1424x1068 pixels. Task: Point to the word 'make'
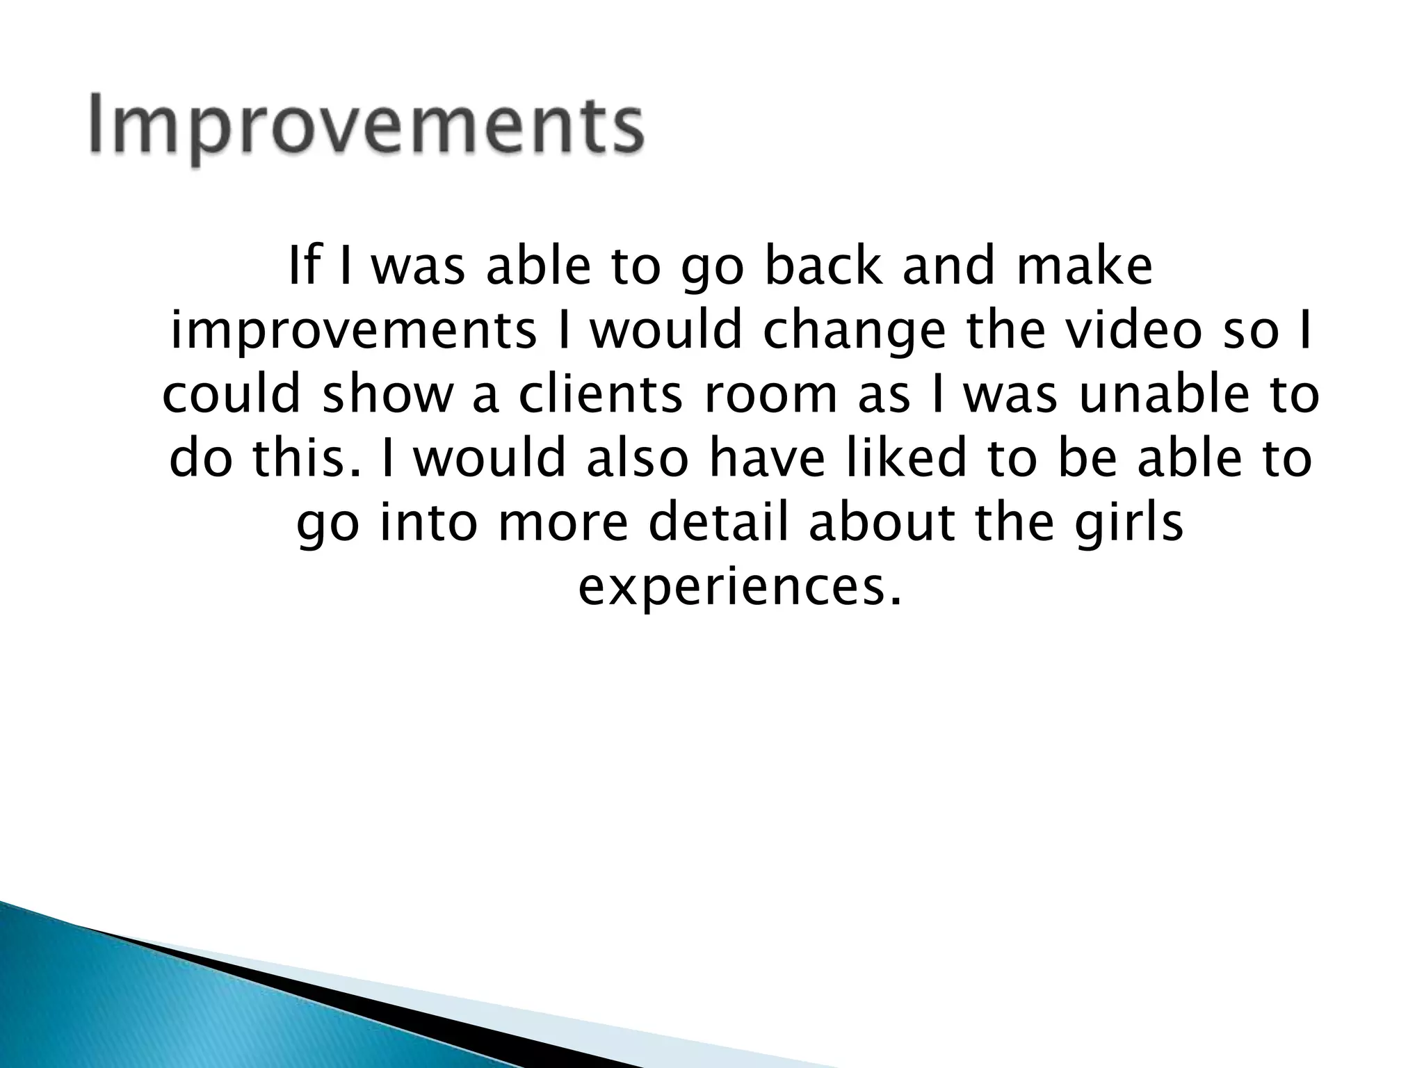tap(1084, 267)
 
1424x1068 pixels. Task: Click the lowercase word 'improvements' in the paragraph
tap(353, 332)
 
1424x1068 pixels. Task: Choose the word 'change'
tap(854, 332)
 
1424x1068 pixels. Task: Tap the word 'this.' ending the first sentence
tap(307, 459)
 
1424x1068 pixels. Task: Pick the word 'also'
tap(637, 459)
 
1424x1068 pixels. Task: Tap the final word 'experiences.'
tap(740, 588)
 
